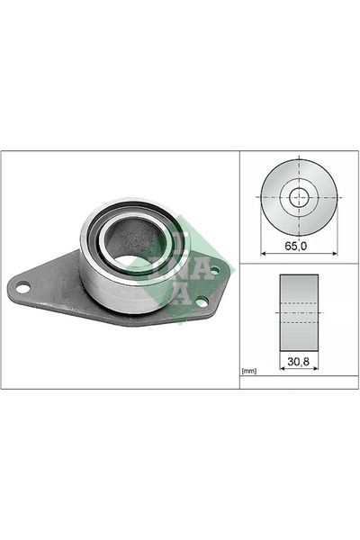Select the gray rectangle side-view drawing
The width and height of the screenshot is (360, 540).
(299, 311)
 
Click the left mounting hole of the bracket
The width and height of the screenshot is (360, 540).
(23, 288)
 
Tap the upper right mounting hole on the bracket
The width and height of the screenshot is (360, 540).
(213, 270)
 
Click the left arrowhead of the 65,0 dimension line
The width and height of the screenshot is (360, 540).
(262, 253)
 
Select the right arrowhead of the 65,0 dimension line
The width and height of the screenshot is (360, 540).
(334, 253)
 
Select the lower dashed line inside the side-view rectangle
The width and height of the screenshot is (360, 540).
(299, 322)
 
